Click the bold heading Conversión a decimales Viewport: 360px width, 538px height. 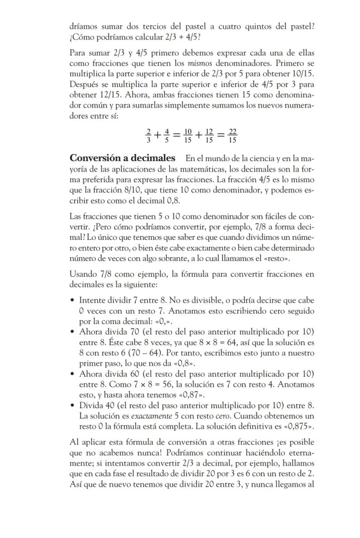click(x=123, y=158)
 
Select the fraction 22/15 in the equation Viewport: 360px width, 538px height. click(x=233, y=136)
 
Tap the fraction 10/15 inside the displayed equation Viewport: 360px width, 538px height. click(x=188, y=136)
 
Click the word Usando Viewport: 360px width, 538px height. click(x=83, y=275)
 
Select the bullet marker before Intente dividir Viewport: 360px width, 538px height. click(x=72, y=301)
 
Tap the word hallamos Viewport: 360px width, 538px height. click(x=299, y=463)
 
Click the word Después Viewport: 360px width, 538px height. click(x=83, y=84)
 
